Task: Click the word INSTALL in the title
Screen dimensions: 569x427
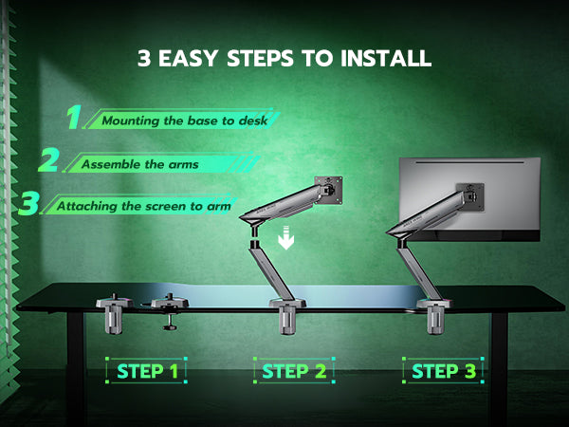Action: [387, 58]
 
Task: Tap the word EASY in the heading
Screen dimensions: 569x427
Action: [189, 58]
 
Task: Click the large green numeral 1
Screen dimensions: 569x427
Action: [74, 117]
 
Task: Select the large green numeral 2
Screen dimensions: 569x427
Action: [49, 159]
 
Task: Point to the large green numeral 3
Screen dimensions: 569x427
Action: [29, 203]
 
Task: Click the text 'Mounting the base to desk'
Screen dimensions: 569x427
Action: [185, 121]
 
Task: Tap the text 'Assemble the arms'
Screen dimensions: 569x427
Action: [140, 164]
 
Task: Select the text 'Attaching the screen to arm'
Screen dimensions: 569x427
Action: [144, 206]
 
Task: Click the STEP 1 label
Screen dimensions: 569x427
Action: [147, 371]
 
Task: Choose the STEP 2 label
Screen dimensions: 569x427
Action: [294, 371]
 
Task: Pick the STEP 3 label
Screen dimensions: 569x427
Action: [444, 371]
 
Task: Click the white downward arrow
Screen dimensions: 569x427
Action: [286, 237]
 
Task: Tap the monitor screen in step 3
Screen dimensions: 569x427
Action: [470, 199]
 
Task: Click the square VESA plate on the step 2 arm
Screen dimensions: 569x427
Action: [329, 191]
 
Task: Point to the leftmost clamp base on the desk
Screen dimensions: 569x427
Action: [114, 313]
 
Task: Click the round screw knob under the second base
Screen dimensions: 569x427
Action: [170, 327]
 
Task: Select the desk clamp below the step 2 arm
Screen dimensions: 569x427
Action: [287, 316]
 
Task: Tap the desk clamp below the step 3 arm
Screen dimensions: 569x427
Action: [434, 316]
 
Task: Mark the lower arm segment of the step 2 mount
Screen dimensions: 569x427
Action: [271, 270]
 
